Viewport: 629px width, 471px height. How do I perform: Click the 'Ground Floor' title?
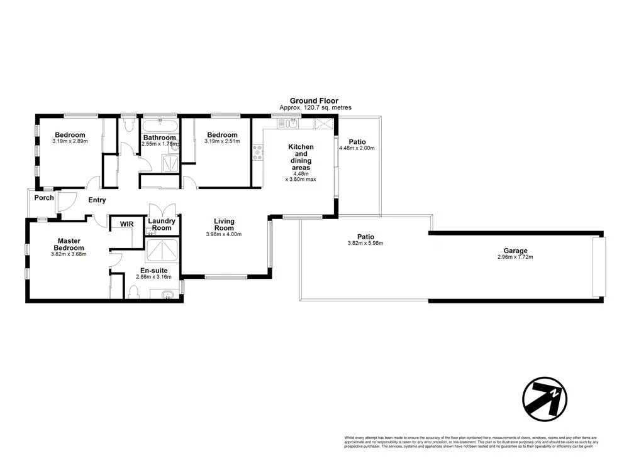coord(314,100)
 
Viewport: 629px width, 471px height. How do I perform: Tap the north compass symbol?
coord(545,398)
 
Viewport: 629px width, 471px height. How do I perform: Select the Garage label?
coord(515,250)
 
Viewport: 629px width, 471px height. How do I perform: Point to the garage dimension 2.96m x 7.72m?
coord(515,257)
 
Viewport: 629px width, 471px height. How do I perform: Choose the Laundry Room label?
coord(162,224)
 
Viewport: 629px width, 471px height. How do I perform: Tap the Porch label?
coord(44,198)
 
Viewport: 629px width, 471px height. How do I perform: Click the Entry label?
coord(97,200)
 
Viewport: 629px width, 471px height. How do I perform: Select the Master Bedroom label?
coord(69,244)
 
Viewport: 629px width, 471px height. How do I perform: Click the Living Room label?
coord(224,224)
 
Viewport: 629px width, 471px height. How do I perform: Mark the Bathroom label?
coord(159,138)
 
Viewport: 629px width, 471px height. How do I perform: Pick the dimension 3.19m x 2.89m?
coord(70,141)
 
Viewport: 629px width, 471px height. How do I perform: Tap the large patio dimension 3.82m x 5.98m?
coord(365,243)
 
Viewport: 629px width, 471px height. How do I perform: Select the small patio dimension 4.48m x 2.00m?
coord(357,148)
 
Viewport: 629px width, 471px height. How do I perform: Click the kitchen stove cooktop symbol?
coord(258,153)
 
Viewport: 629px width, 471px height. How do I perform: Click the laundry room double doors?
coord(161,210)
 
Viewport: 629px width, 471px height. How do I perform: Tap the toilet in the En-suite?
coord(133,292)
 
